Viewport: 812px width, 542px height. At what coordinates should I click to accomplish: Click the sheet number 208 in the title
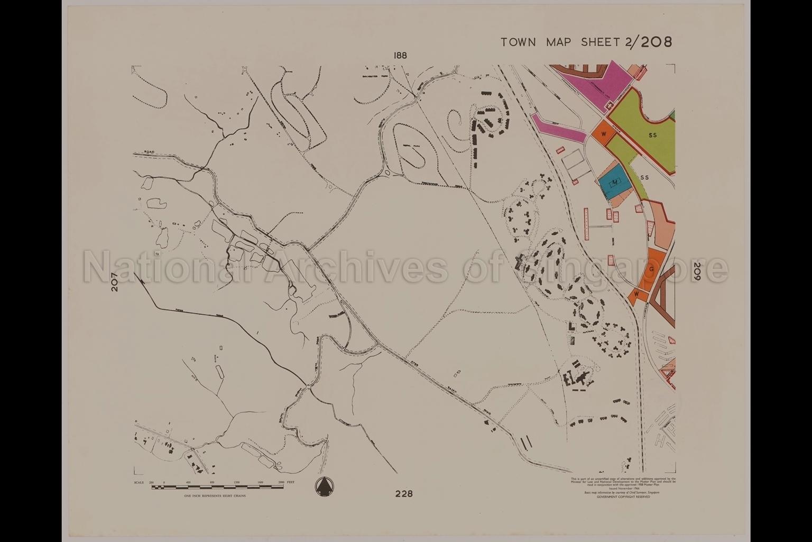click(x=656, y=42)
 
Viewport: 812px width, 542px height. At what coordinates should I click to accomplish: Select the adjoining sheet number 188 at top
click(x=400, y=56)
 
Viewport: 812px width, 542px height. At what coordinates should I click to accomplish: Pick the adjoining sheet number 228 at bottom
click(x=403, y=494)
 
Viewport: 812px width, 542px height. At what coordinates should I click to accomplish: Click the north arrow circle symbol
click(x=324, y=486)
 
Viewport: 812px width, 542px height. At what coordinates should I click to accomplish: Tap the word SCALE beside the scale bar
click(x=139, y=483)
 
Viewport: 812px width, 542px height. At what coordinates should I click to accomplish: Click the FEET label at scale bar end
click(x=291, y=483)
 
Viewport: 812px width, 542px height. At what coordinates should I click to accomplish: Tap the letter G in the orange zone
click(x=651, y=269)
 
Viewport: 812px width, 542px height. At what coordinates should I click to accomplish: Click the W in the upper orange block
click(x=603, y=133)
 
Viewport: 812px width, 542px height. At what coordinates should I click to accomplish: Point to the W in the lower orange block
click(x=637, y=294)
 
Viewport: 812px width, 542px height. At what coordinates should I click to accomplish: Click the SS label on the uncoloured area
click(x=644, y=177)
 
